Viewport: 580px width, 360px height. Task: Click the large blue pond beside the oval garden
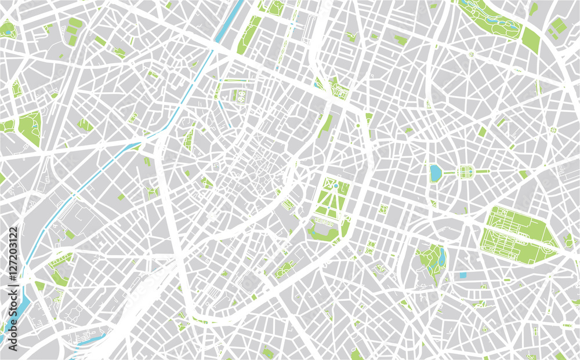click(x=436, y=173)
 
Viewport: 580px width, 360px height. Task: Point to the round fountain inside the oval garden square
click(x=466, y=172)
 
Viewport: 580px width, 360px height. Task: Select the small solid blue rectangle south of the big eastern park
click(x=462, y=275)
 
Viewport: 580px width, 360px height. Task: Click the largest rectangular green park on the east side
click(x=518, y=235)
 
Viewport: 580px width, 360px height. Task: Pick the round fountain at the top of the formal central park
click(x=335, y=185)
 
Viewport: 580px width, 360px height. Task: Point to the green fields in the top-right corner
click(x=557, y=26)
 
